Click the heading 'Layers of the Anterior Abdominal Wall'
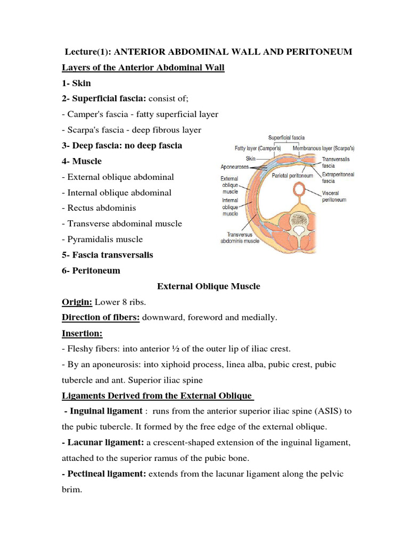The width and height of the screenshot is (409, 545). [143, 67]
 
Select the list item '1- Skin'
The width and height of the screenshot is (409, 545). [78, 83]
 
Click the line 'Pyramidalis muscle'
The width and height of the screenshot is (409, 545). [104, 240]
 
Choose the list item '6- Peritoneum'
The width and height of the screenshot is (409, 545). [91, 270]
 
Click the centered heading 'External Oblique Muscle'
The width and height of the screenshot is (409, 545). [209, 286]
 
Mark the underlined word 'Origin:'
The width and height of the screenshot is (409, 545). [77, 302]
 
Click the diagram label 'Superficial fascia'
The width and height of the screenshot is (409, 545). [287, 137]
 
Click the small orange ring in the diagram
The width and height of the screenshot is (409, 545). [300, 190]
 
